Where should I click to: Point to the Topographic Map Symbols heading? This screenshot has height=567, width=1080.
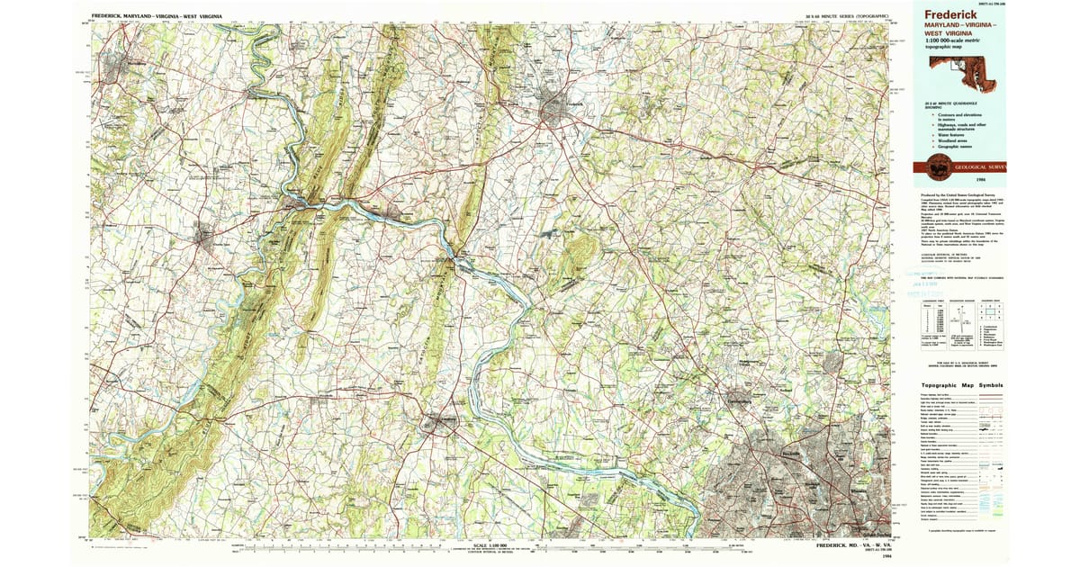point(961,384)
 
